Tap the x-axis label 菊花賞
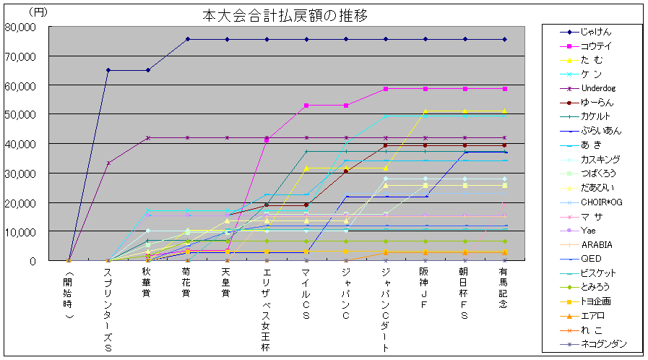pos(186,282)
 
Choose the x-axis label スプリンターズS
pos(108,307)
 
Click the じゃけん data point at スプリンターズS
pos(108,70)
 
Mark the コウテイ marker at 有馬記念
pos(504,89)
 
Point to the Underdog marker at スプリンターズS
pos(108,163)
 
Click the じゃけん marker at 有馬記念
pos(504,39)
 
